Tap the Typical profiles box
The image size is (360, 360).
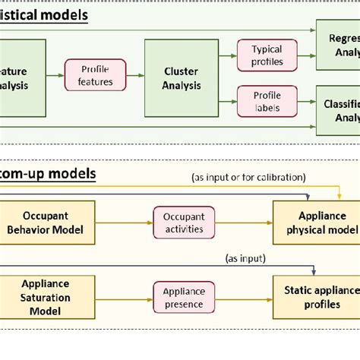pyautogui.click(x=266, y=55)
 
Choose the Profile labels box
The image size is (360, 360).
pyautogui.click(x=266, y=103)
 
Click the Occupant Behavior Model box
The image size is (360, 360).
pyautogui.click(x=47, y=223)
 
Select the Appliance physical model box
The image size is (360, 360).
pyautogui.click(x=316, y=223)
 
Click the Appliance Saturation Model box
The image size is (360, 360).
pyautogui.click(x=47, y=297)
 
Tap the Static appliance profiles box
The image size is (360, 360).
pyautogui.click(x=316, y=297)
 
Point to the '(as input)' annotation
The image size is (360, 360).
pyautogui.click(x=245, y=258)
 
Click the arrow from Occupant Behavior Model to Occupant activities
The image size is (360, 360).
pyautogui.click(x=124, y=223)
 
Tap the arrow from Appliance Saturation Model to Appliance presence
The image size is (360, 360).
pyautogui.click(x=124, y=297)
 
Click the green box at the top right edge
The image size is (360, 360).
pyautogui.click(x=338, y=46)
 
